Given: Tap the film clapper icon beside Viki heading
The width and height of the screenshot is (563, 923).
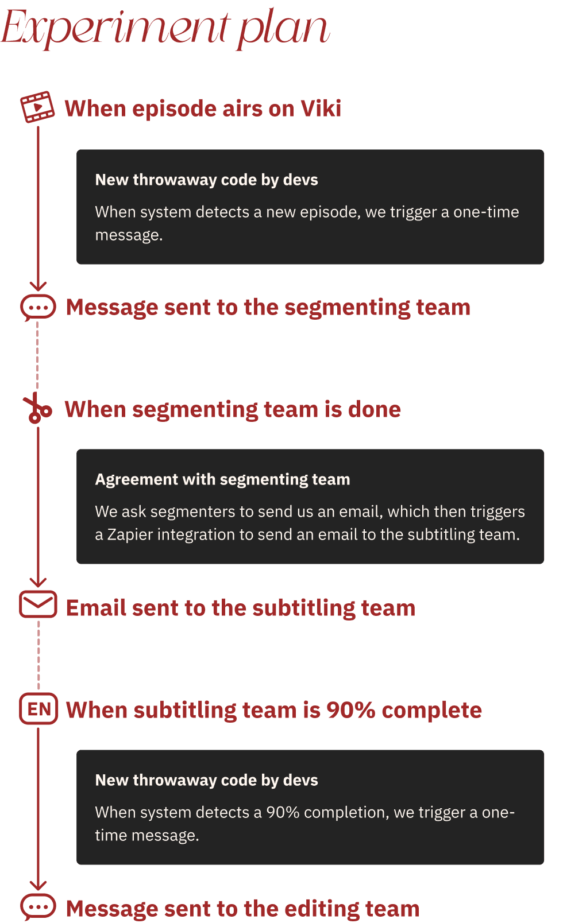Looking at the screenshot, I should pos(37,107).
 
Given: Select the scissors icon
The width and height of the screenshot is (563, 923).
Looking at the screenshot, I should pos(37,409).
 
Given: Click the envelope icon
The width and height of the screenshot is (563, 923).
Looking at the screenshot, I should pos(38,604).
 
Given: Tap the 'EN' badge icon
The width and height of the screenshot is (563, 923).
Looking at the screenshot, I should pos(39,709).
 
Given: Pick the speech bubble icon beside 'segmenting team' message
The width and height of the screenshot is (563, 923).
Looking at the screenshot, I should pos(38,308).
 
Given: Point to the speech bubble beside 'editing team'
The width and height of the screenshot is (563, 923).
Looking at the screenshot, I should pos(38,907).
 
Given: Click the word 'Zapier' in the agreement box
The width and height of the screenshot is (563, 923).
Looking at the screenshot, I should pos(130,534).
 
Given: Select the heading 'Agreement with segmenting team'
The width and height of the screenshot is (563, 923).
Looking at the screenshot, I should pos(222,479).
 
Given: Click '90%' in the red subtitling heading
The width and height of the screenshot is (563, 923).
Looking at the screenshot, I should pos(350,710).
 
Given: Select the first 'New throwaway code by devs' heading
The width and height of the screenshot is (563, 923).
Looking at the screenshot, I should pos(206,180).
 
